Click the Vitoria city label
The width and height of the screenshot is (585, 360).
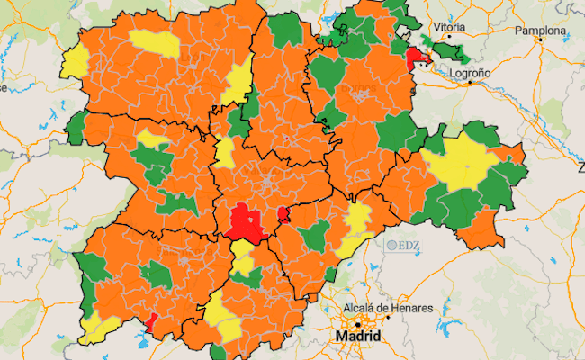click(449, 27)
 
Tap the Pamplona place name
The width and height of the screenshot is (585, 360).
click(540, 31)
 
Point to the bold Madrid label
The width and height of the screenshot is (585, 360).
click(358, 336)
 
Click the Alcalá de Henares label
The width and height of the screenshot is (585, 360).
click(388, 309)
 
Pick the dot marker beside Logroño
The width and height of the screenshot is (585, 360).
click(469, 83)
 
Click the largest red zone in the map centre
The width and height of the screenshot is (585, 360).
click(242, 221)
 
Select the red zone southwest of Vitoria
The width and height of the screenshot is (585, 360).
click(417, 59)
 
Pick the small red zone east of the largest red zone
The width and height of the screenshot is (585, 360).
click(283, 214)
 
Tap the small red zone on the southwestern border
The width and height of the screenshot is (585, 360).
click(151, 319)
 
